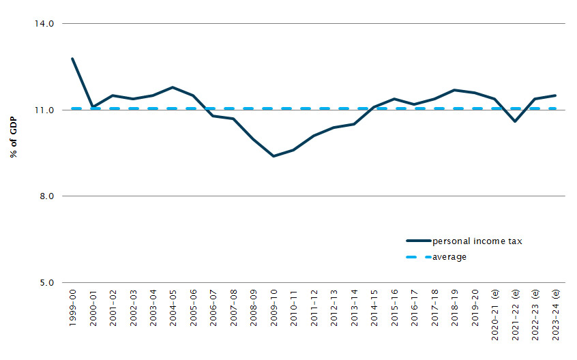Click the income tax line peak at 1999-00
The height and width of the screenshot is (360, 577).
(72, 59)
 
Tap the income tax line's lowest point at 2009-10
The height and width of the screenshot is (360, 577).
(273, 156)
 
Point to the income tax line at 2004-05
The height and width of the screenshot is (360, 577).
(173, 87)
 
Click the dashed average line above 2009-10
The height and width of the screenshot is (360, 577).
(273, 108)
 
